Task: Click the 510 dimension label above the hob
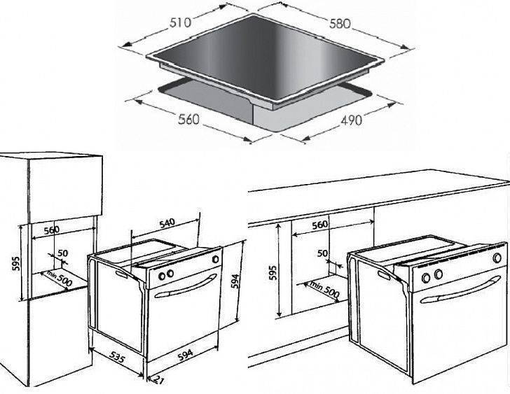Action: point(180,22)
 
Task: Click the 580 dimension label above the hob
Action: point(340,24)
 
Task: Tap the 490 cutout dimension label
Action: point(351,120)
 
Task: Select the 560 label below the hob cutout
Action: point(188,119)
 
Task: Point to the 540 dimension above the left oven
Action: point(167,223)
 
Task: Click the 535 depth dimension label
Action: point(116,357)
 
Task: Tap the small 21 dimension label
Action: point(158,380)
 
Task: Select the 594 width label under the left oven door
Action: point(186,355)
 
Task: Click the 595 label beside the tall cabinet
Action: point(16,263)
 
